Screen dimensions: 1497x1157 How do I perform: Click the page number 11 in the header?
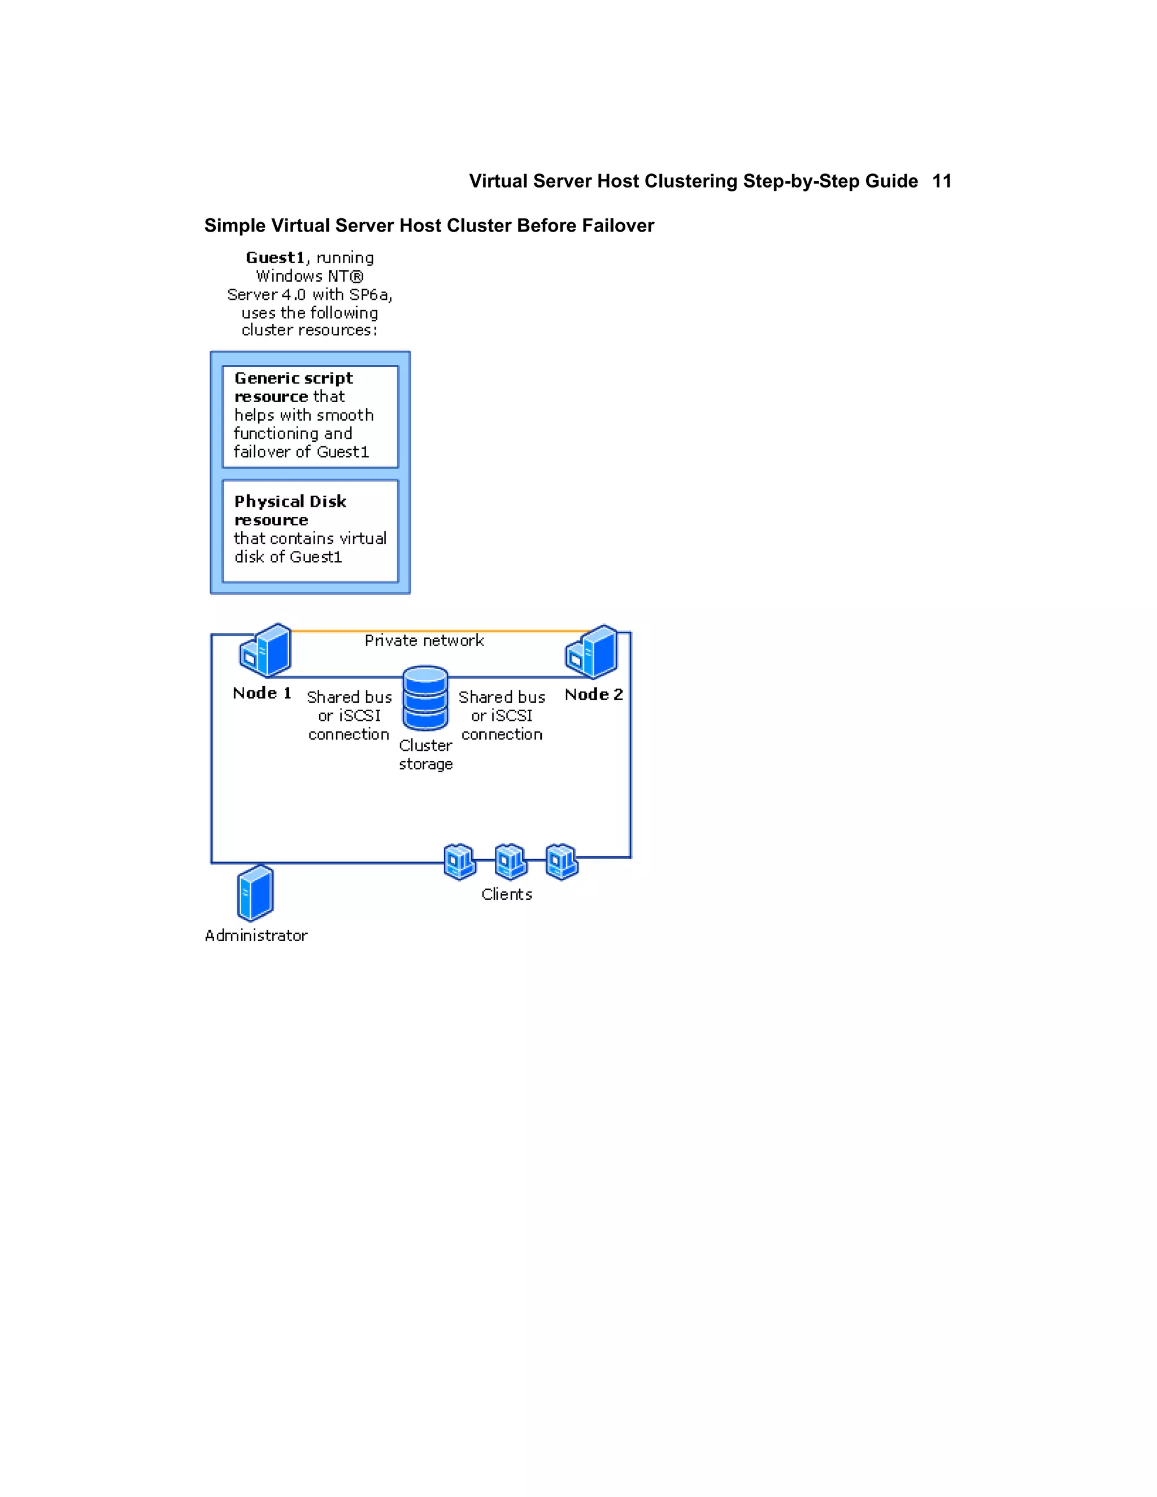pyautogui.click(x=941, y=181)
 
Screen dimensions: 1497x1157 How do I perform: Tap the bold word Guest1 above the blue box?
pyautogui.click(x=275, y=258)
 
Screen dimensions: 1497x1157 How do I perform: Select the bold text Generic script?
pyautogui.click(x=293, y=378)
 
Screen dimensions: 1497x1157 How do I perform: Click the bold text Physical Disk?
pyautogui.click(x=290, y=502)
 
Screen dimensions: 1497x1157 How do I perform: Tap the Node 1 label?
pyautogui.click(x=262, y=693)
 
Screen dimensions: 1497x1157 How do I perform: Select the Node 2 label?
pyautogui.click(x=594, y=694)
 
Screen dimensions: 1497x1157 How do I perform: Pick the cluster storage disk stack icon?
pyautogui.click(x=425, y=698)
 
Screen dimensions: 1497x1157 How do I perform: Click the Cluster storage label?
pyautogui.click(x=425, y=755)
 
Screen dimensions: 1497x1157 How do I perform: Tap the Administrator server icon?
pyautogui.click(x=256, y=893)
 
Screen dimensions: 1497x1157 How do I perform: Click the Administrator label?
pyautogui.click(x=256, y=935)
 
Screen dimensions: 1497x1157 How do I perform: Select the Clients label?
pyautogui.click(x=507, y=894)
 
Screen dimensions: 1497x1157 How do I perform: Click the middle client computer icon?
pyautogui.click(x=511, y=861)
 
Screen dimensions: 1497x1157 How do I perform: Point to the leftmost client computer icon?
pyautogui.click(x=460, y=861)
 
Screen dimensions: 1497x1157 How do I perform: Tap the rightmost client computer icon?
pyautogui.click(x=562, y=861)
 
